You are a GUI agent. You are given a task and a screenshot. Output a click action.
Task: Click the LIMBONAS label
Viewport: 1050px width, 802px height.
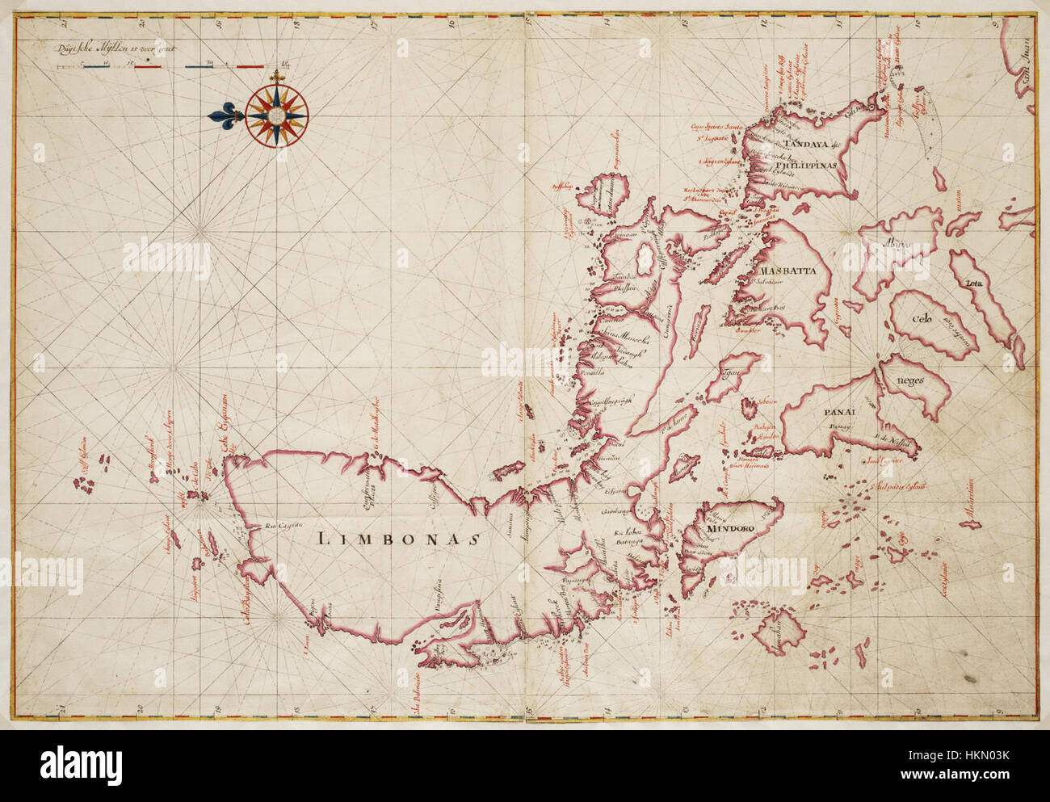(x=395, y=539)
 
